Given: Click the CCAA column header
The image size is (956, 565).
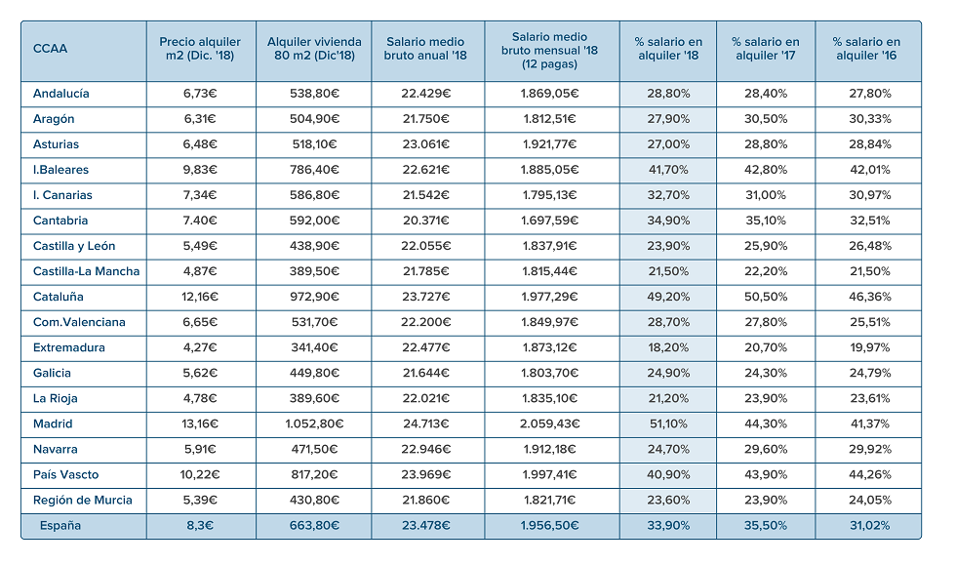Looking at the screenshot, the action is [x=50, y=49].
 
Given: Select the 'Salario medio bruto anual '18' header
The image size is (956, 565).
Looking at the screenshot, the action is [x=425, y=49].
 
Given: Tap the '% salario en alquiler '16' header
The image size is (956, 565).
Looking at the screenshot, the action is [x=866, y=49].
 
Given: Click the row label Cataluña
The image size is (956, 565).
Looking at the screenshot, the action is [x=58, y=298].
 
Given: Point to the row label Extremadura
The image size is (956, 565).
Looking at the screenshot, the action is [x=69, y=347].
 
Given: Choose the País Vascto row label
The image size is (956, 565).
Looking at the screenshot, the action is [x=66, y=474].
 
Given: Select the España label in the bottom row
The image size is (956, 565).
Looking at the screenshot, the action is [x=60, y=526].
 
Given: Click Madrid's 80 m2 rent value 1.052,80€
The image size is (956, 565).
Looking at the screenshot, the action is [x=314, y=424].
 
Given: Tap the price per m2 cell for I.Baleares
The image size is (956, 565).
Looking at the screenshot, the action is [x=200, y=170].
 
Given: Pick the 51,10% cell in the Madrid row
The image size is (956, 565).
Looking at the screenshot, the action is [x=668, y=424].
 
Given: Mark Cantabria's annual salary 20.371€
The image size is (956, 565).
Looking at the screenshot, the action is [x=425, y=221].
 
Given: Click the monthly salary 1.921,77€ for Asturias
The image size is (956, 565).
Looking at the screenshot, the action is [x=549, y=144].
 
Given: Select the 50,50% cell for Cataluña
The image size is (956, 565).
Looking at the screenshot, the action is [x=766, y=298].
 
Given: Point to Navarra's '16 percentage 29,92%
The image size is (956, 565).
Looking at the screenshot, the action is [x=870, y=450].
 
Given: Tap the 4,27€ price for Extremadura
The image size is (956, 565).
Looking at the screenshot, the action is [x=200, y=347].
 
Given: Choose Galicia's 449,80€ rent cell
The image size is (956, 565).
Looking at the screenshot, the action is [x=314, y=374].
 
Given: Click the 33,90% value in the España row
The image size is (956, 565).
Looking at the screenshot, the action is [x=668, y=526].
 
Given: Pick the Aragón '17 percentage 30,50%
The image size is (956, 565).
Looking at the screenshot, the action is [x=766, y=119].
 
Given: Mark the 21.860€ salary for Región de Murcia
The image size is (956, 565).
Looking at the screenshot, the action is [x=425, y=501].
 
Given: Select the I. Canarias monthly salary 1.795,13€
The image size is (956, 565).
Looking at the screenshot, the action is [x=549, y=195].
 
